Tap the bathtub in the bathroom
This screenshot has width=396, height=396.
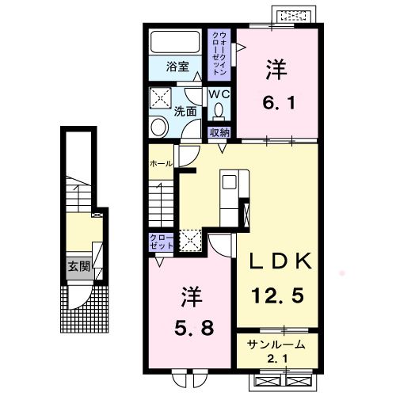pos(177,43)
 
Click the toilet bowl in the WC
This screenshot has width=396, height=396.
pos(218,112)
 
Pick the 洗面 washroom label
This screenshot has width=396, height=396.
pos(186,112)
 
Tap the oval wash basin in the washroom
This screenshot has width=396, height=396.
pos(158,127)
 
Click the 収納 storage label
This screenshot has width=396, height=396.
pos(219,131)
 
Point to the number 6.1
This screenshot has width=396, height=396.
pos(277,102)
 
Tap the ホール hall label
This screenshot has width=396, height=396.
pos(162,163)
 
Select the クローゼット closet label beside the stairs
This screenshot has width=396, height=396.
pos(161,242)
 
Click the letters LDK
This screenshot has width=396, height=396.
pos(278,262)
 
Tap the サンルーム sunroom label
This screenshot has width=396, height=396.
pos(278,345)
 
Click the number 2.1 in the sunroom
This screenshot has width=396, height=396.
pos(278,361)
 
